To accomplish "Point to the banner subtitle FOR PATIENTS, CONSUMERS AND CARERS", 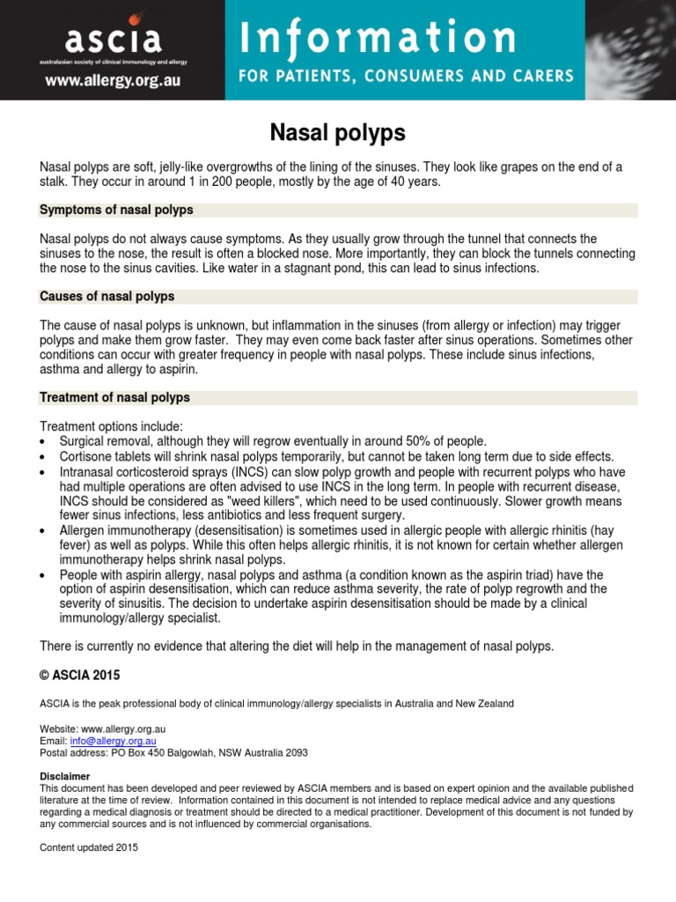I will [408, 76].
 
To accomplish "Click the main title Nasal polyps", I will [337, 133].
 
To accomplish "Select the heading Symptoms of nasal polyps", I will [117, 211].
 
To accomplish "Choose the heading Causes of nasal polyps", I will [107, 297].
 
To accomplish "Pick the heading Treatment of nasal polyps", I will [115, 397].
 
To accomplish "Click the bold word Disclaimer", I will [65, 776].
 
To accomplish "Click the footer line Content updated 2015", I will [90, 847].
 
